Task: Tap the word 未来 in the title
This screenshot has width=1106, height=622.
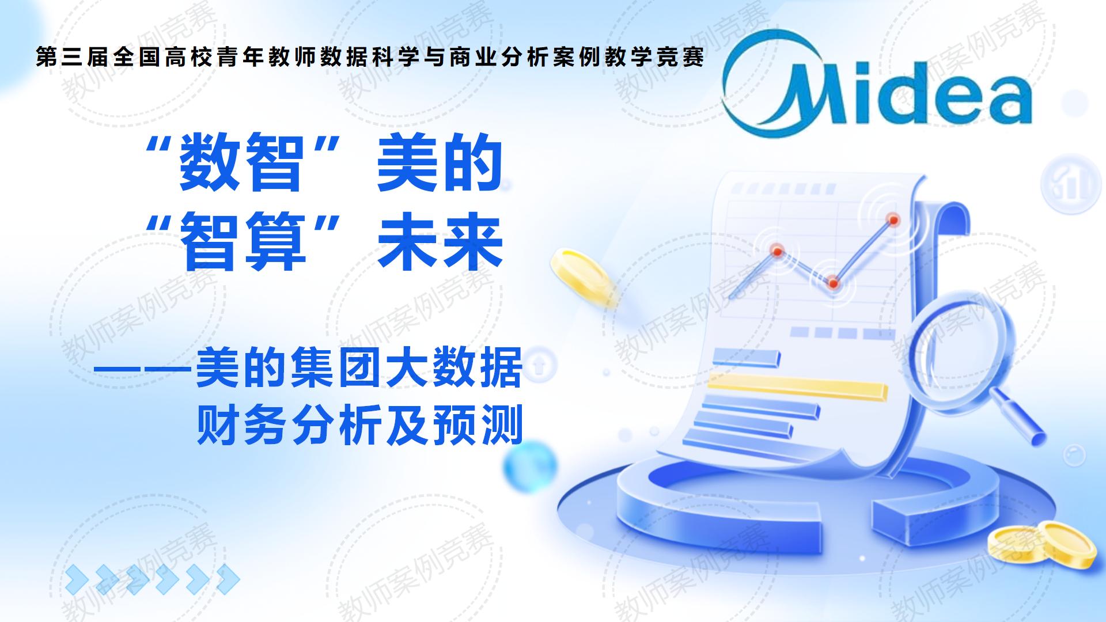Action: [440, 242]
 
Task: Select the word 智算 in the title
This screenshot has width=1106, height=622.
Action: [242, 242]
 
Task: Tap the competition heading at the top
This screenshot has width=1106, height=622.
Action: [370, 58]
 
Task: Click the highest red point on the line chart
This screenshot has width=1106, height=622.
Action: [893, 219]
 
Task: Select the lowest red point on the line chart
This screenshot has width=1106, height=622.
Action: [832, 283]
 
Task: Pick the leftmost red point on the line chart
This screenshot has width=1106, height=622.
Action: [777, 251]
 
